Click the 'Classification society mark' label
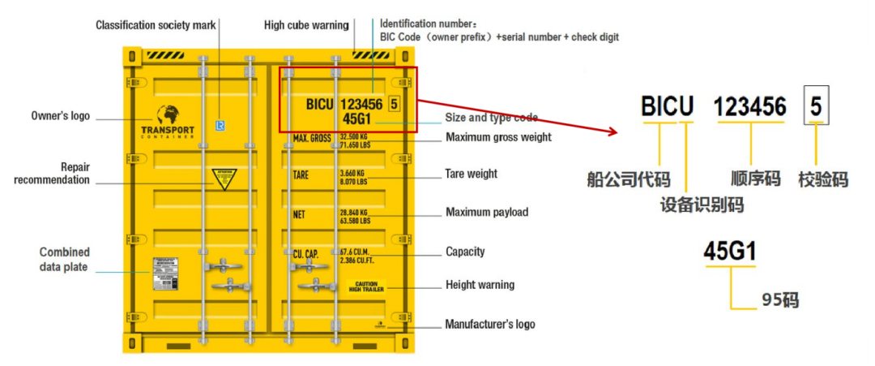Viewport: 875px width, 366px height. pos(156,25)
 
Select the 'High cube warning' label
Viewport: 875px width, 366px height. pos(306,25)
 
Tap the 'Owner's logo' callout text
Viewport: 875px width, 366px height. pos(60,116)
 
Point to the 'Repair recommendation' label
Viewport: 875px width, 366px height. pos(52,174)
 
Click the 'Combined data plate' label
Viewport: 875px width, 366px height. pos(65,260)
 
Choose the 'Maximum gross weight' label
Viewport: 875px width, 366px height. pos(498,137)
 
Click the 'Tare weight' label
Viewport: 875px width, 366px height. pos(472,174)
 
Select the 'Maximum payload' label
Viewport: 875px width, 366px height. pos(487,213)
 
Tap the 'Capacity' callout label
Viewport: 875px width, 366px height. pos(465,252)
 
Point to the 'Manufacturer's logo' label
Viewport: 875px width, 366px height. pos(490,325)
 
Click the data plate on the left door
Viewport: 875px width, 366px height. pos(166,273)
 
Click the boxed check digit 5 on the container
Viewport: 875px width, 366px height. pos(395,103)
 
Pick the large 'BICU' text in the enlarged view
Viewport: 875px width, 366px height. pos(668,106)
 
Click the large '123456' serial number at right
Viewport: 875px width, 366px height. pos(750,106)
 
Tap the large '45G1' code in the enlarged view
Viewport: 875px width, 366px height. pos(729,252)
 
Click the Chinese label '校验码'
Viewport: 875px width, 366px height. pos(823,179)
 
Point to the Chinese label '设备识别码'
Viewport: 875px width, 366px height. pos(702,205)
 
